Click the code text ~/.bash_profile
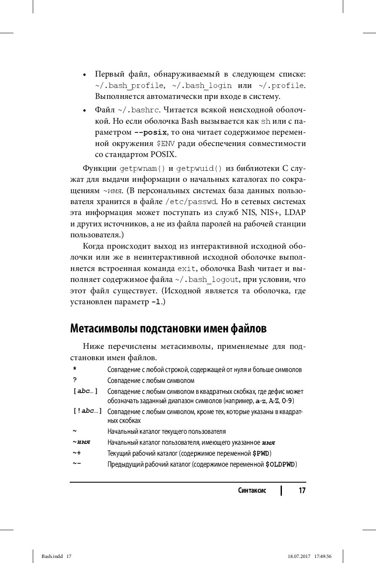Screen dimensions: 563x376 click(x=129, y=86)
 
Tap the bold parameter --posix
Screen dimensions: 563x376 click(x=150, y=133)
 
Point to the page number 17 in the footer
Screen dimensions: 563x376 click(x=302, y=491)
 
